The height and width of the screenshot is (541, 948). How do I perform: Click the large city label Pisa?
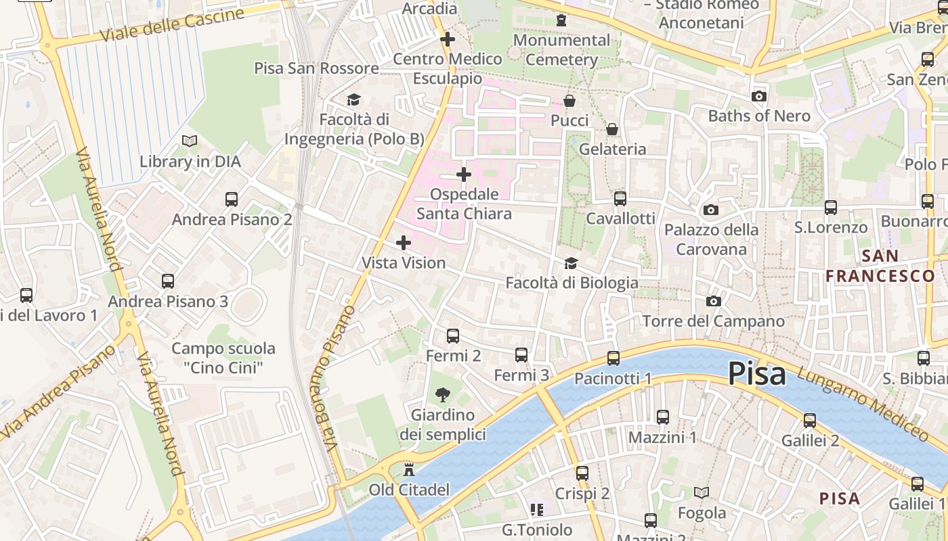click(756, 373)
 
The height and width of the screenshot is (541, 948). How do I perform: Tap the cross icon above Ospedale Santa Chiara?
click(463, 175)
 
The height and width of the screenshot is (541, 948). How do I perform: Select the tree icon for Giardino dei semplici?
click(443, 394)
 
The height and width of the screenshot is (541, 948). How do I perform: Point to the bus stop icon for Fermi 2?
click(453, 335)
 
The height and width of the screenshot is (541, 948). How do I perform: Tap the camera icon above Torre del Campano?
click(713, 301)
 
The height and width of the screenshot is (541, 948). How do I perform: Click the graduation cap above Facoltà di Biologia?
click(572, 263)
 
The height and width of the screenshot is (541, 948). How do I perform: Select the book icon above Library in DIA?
click(190, 141)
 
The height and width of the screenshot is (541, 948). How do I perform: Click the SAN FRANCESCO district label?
click(880, 266)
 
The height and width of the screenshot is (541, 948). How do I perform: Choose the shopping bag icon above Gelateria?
click(612, 129)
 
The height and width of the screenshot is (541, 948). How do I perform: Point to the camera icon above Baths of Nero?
click(759, 96)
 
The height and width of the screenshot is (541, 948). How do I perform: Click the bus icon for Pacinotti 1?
click(613, 358)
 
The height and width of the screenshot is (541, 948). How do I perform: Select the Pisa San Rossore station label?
click(316, 68)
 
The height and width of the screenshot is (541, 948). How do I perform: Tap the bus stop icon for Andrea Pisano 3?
click(168, 281)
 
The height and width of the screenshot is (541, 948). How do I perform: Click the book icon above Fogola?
click(702, 493)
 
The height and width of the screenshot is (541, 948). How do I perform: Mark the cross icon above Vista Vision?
click(404, 243)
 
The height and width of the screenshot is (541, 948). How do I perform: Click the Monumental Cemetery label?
click(561, 49)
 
